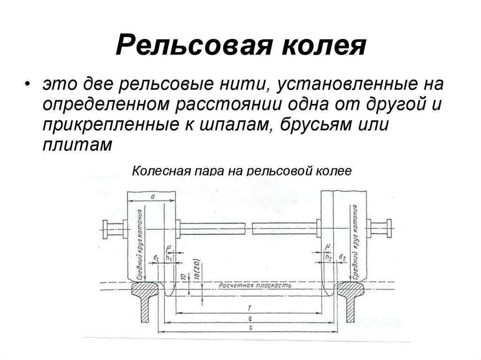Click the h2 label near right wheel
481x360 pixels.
328,257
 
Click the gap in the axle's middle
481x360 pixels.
249,229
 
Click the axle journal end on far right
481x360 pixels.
388,229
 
